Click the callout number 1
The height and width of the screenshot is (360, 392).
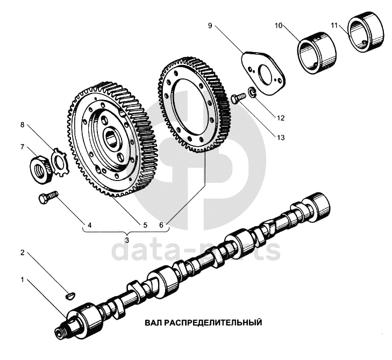pyautogui.click(x=23, y=280)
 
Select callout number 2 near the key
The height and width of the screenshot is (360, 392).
pyautogui.click(x=23, y=252)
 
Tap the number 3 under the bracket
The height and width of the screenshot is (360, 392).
pyautogui.click(x=126, y=239)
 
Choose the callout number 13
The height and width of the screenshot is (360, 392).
pyautogui.click(x=281, y=137)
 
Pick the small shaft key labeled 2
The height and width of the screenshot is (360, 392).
pyautogui.click(x=69, y=294)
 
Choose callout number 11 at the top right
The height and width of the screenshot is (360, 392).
pyautogui.click(x=334, y=25)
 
